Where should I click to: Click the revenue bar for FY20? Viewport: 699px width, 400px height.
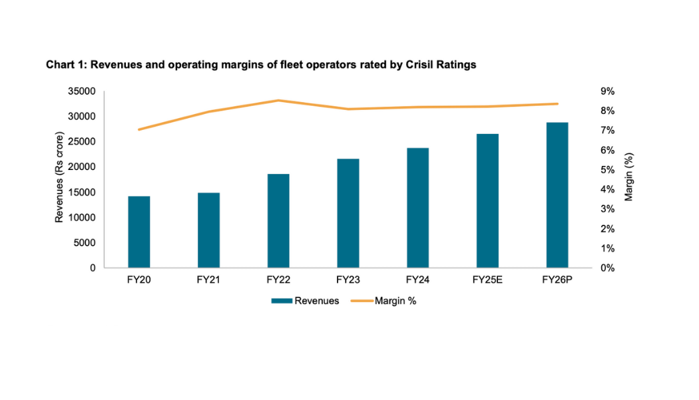[138, 232]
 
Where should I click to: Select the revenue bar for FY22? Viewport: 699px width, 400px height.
[278, 221]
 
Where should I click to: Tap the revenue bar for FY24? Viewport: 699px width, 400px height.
[418, 208]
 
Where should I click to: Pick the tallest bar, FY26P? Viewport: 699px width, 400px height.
[557, 195]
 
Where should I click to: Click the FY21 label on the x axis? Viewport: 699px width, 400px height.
[208, 280]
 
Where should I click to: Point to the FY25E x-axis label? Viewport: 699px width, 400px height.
[487, 280]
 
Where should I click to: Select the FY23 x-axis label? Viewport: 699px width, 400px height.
[348, 280]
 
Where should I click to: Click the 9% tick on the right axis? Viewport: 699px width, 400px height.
[608, 91]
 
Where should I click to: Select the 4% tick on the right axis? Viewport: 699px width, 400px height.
[608, 189]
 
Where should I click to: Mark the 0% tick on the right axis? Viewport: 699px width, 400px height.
[608, 268]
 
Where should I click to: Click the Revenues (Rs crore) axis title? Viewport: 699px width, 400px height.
[59, 179]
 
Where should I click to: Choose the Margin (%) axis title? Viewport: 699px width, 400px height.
[629, 177]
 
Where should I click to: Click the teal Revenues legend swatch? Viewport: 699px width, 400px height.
[282, 301]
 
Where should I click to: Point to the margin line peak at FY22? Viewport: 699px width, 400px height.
[278, 101]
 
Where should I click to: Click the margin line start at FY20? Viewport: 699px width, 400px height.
[138, 129]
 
